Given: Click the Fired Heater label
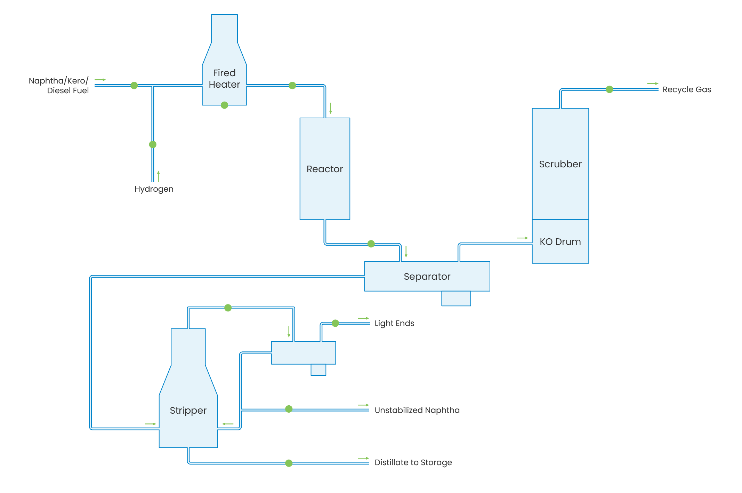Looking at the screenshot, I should click(x=224, y=79).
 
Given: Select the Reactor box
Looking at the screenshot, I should click(x=325, y=169).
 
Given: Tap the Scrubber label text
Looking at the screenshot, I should click(x=560, y=164).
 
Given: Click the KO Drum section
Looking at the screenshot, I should click(x=560, y=241).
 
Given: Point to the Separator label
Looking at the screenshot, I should click(x=427, y=276).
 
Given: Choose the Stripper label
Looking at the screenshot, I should click(x=188, y=411).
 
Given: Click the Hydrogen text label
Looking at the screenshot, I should click(x=154, y=189).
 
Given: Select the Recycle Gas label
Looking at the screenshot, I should click(x=687, y=89).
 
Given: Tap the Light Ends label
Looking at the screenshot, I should click(x=394, y=323).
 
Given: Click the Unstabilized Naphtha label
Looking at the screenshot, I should click(x=417, y=410).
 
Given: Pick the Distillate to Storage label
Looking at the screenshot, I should click(x=413, y=462).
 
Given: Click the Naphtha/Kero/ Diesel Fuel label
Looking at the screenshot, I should click(x=59, y=86).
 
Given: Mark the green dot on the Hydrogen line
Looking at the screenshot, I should click(x=153, y=144).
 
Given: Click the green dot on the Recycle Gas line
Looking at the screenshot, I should click(x=609, y=89).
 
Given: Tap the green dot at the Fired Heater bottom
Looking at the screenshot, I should click(x=224, y=105).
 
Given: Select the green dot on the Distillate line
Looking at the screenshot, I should click(x=289, y=463).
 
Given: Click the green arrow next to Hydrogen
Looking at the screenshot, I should click(x=159, y=176).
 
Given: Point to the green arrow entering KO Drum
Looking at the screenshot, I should click(x=522, y=238).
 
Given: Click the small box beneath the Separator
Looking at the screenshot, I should click(x=456, y=299).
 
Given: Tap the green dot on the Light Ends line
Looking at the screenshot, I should click(x=335, y=323).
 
